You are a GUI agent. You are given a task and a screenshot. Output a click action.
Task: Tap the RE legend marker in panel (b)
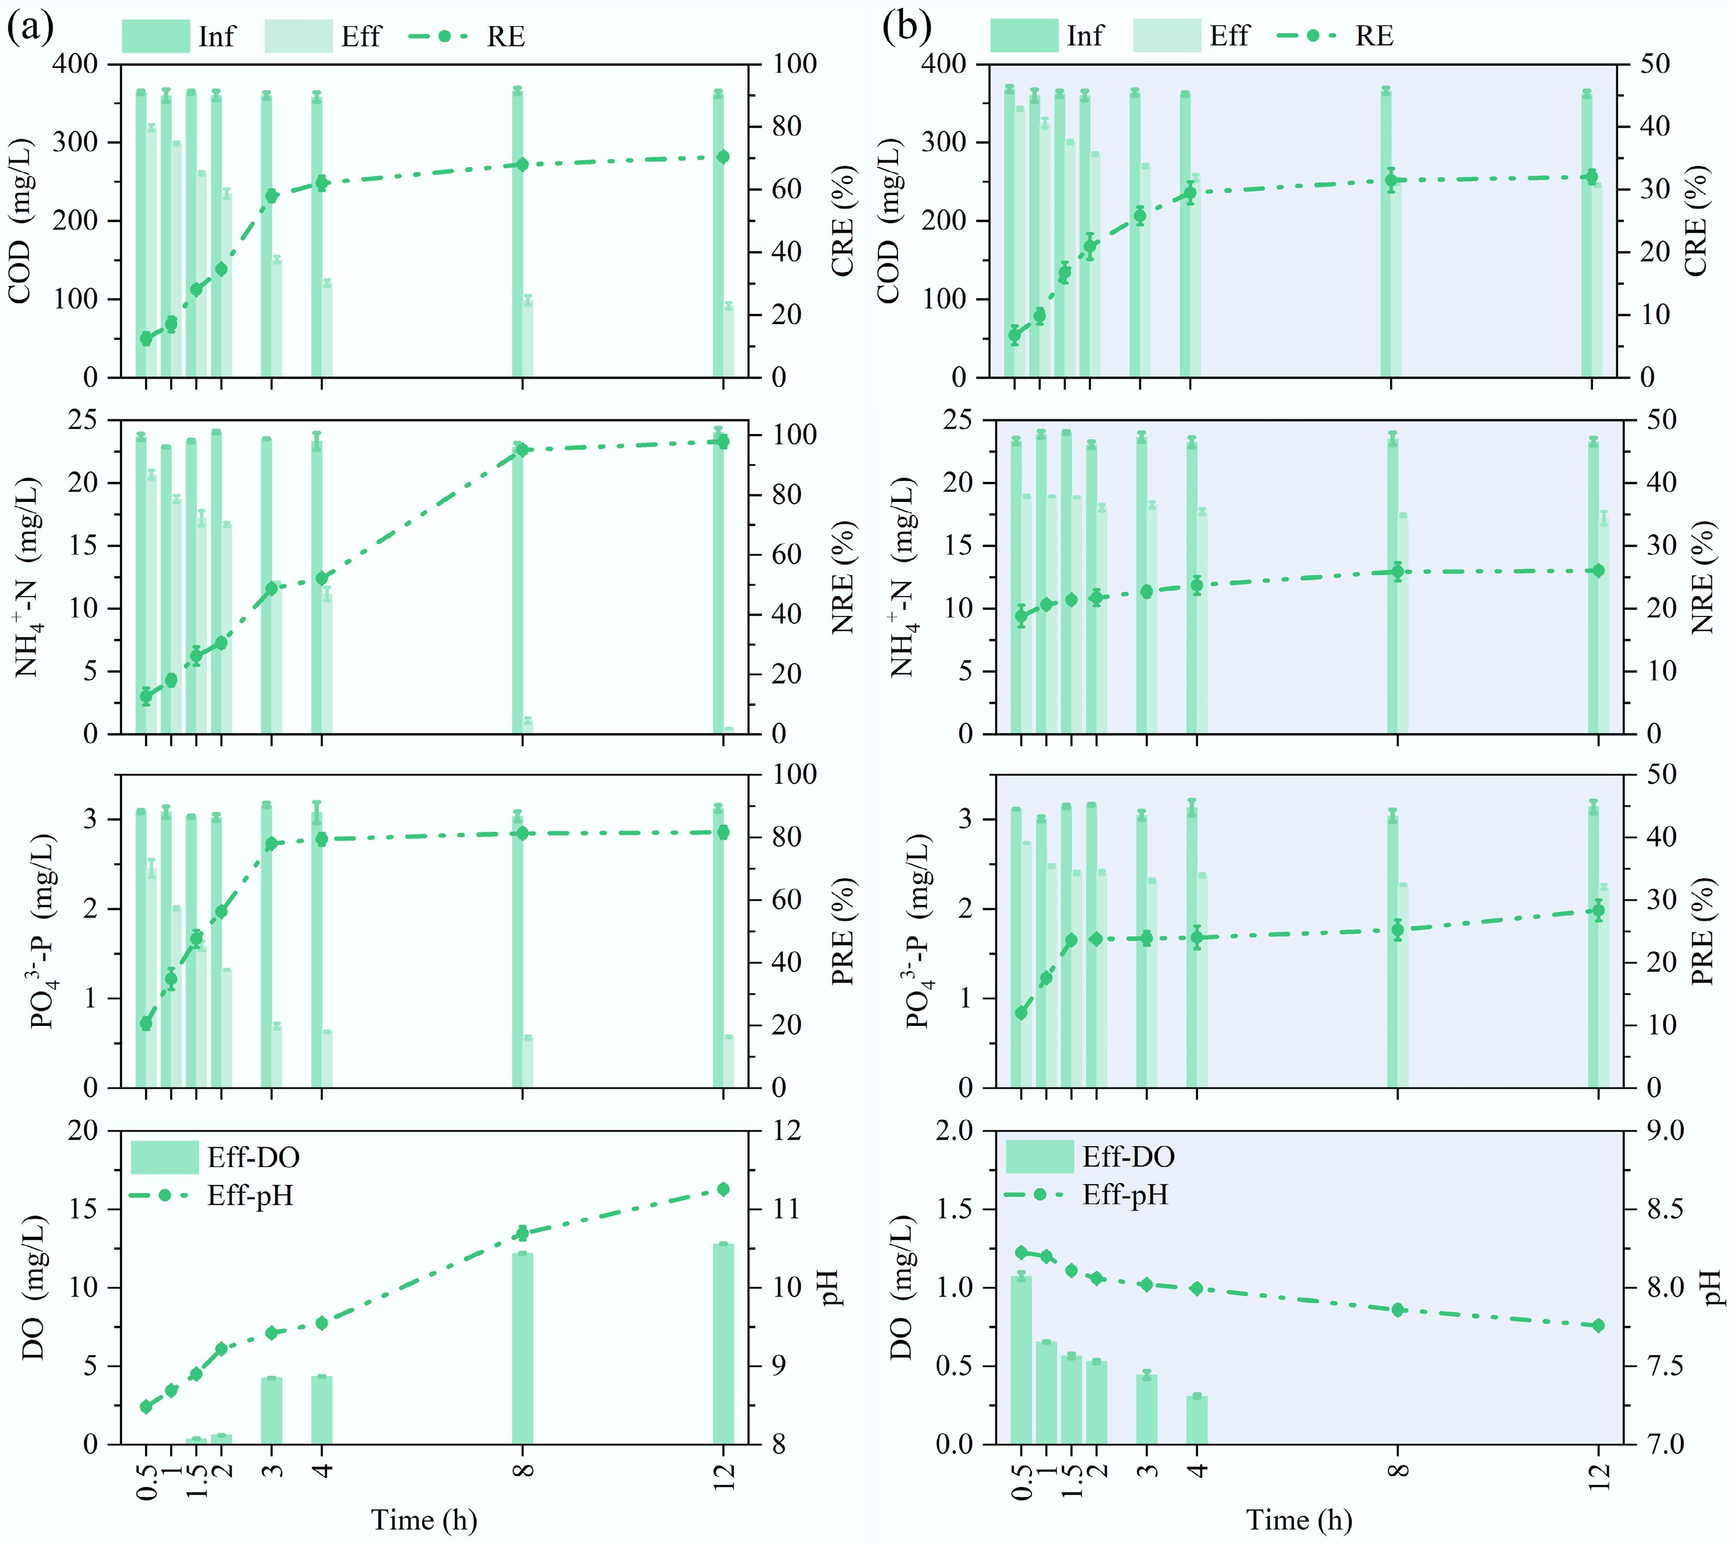click(x=1312, y=36)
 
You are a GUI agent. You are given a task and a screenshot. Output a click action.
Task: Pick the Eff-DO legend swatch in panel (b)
click(x=1039, y=1157)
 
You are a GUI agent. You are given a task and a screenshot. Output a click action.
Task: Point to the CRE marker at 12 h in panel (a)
click(x=723, y=157)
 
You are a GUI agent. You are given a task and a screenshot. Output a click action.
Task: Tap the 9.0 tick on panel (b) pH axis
click(x=1665, y=1131)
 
